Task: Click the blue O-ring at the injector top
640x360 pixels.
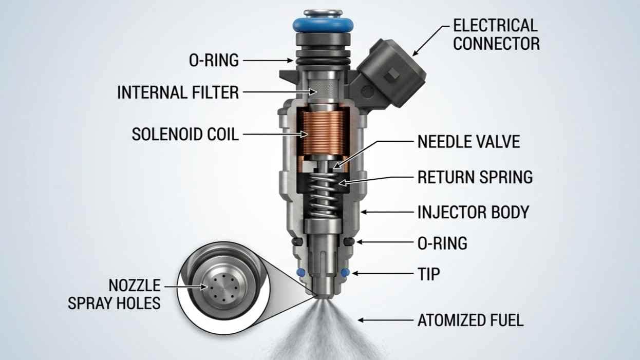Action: click(x=323, y=25)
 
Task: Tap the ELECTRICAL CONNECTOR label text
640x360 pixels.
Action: click(x=496, y=34)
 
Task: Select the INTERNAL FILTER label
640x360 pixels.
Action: click(x=178, y=92)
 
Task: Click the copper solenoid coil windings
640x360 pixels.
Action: click(x=323, y=133)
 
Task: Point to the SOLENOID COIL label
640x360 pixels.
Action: click(x=185, y=134)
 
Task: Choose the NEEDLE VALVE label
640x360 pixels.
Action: click(x=468, y=141)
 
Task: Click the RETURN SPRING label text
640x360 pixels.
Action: click(x=475, y=177)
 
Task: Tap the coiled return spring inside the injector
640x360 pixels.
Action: click(x=324, y=195)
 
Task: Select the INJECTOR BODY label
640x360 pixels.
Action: click(x=473, y=212)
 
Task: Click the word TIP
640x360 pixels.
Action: click(x=428, y=274)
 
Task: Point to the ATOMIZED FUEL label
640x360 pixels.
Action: click(x=470, y=320)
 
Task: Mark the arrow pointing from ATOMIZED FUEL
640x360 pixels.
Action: click(x=386, y=320)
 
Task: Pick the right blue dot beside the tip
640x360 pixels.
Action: click(x=345, y=272)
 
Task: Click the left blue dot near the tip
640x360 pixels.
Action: click(x=300, y=272)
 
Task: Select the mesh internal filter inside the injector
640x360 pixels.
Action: click(x=323, y=88)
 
